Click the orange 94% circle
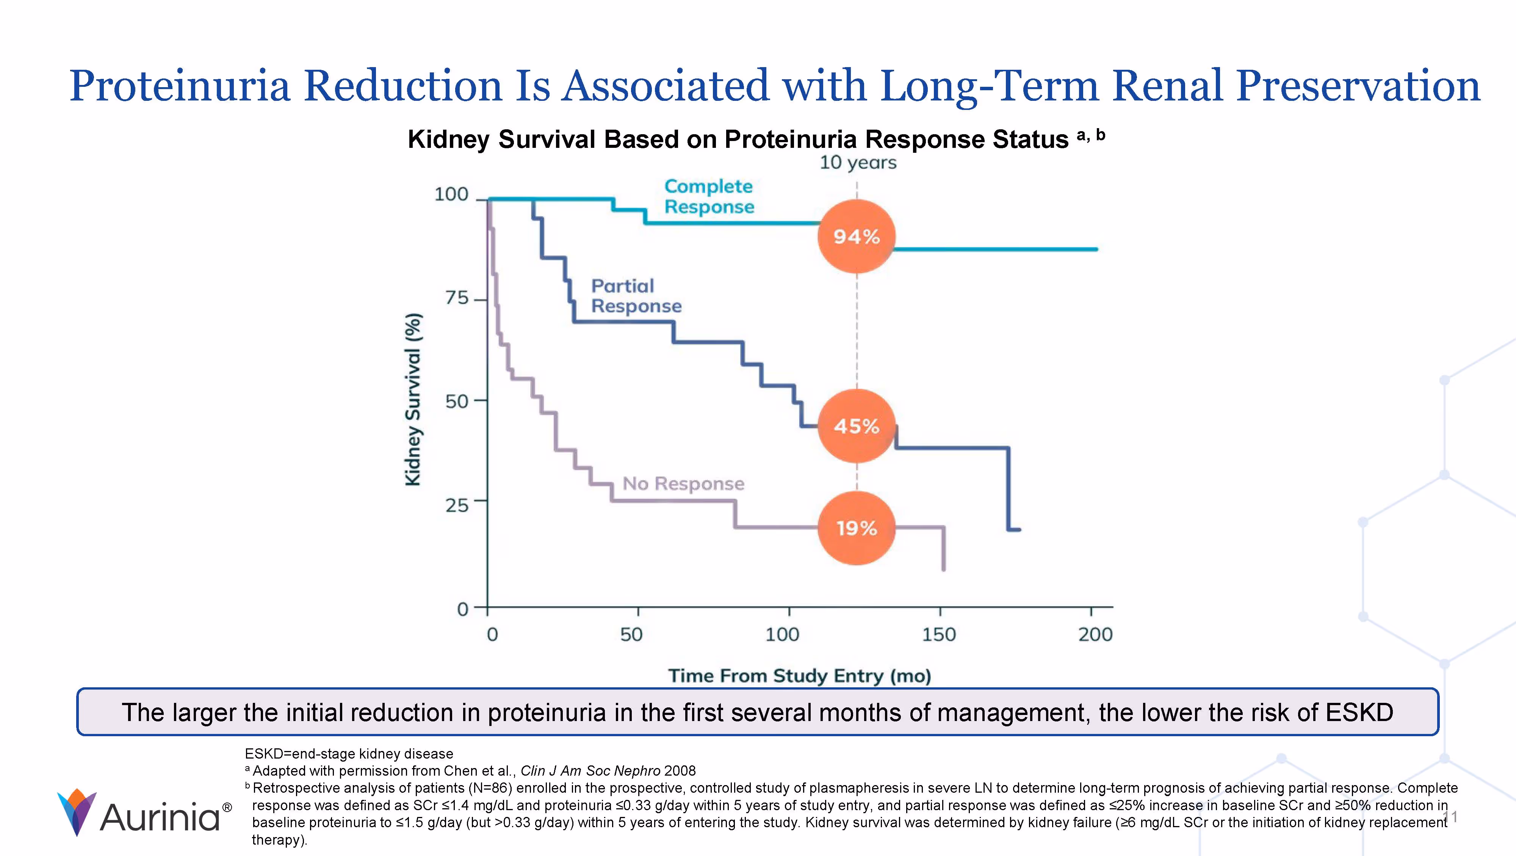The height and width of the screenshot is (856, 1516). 856,237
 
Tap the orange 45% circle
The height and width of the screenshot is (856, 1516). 856,426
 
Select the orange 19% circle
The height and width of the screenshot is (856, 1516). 856,528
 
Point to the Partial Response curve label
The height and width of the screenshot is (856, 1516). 636,296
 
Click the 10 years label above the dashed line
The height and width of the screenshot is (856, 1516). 857,163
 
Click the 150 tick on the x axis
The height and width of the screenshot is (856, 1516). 939,634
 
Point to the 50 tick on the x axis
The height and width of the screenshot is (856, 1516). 631,634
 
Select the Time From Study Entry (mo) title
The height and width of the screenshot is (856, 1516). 799,675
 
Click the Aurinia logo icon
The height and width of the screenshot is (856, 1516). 77,811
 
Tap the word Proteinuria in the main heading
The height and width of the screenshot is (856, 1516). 180,86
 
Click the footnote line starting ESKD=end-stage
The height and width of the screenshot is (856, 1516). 348,754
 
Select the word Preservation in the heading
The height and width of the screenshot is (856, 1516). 1357,86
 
